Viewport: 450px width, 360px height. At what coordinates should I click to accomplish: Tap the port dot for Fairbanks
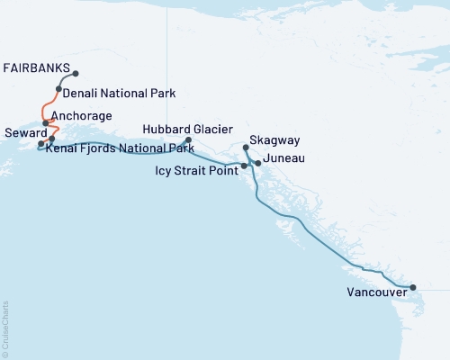76,74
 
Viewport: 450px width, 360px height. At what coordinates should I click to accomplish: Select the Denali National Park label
119,93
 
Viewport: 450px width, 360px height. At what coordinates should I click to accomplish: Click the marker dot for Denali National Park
57,92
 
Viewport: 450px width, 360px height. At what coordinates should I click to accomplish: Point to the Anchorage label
82,116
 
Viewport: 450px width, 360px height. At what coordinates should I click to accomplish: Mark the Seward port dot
40,144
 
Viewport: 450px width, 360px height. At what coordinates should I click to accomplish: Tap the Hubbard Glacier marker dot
188,139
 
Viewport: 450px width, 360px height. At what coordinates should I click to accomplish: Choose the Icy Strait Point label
195,168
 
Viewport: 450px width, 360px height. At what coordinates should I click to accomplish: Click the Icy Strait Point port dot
244,166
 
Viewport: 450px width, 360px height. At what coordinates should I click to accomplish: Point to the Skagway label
279,141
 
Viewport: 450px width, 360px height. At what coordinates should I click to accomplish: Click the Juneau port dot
258,163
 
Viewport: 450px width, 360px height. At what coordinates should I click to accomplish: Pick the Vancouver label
376,292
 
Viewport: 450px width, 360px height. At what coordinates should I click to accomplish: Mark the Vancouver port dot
413,288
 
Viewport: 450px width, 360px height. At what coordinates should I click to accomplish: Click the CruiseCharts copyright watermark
5,328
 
